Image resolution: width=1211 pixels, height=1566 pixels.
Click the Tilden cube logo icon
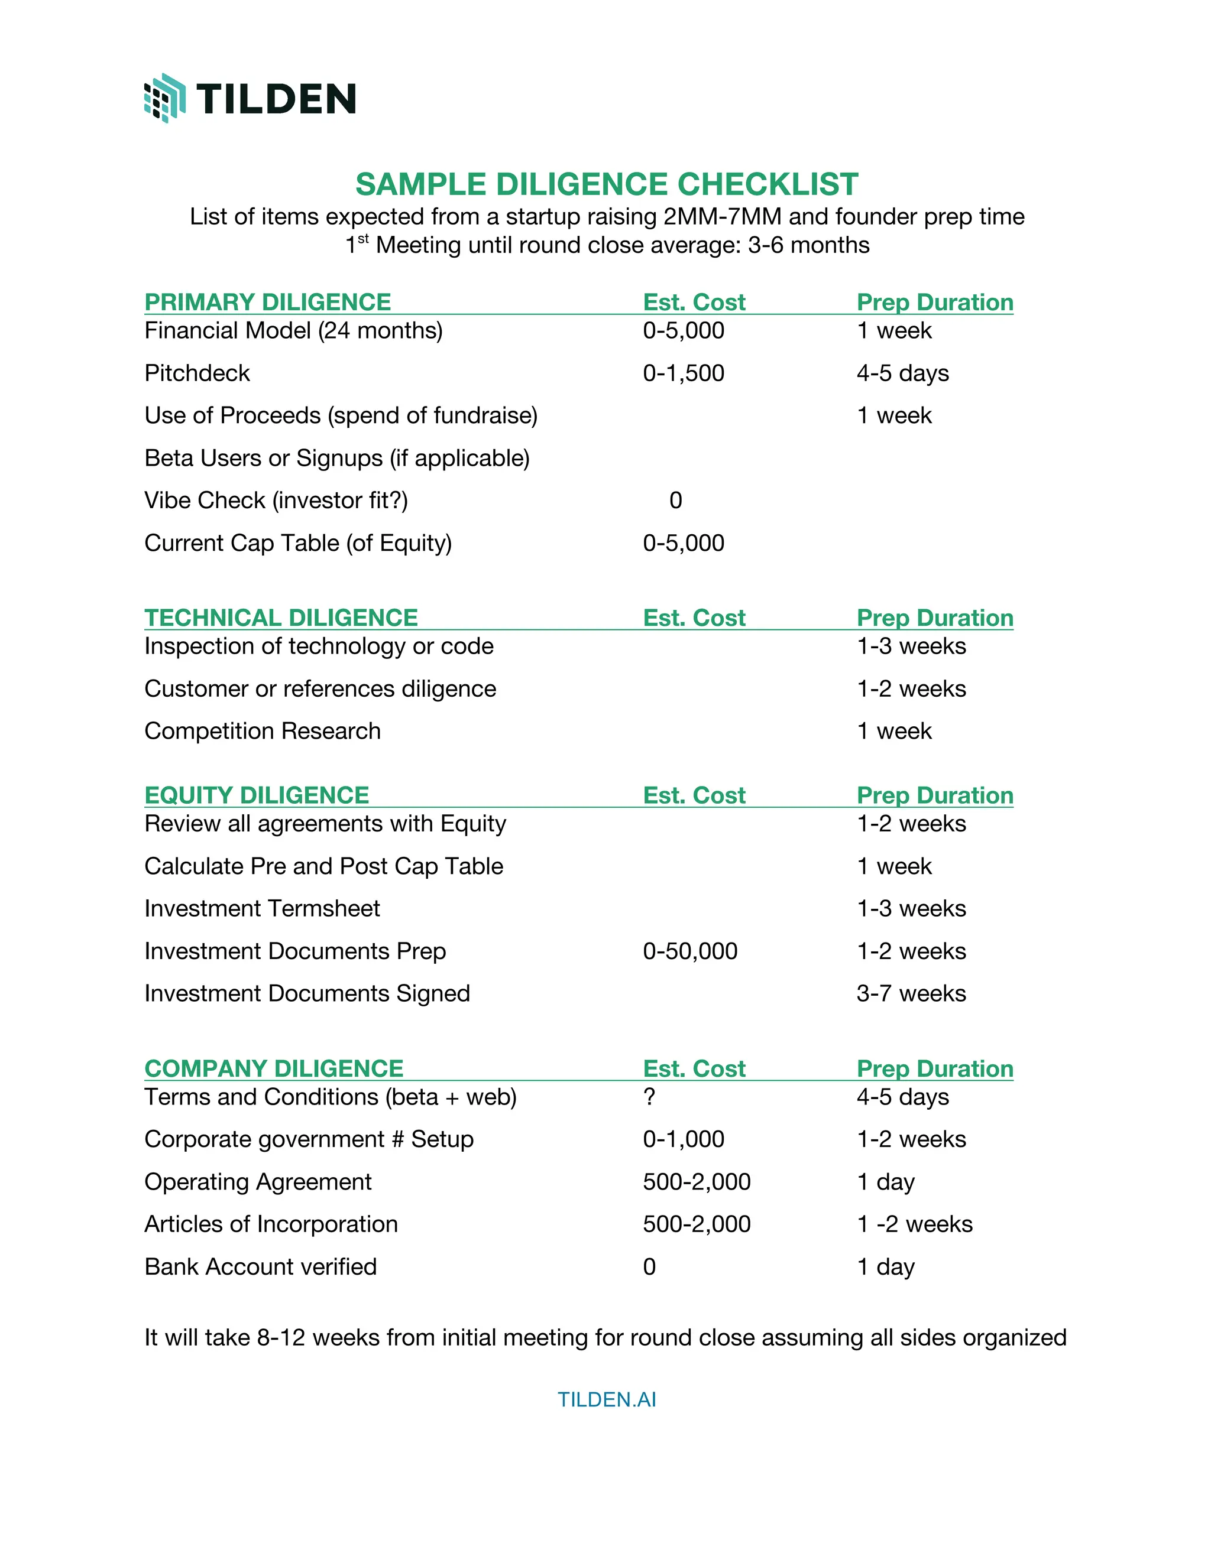[165, 98]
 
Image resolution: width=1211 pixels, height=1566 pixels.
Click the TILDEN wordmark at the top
[276, 98]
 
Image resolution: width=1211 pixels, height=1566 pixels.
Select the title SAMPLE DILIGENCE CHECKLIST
[606, 184]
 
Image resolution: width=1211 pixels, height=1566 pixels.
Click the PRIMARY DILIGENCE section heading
[268, 302]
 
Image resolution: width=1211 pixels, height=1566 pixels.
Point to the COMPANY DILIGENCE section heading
[273, 1068]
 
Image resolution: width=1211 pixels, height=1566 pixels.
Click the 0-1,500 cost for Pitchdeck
[683, 373]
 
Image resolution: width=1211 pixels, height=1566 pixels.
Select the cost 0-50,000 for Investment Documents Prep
[689, 951]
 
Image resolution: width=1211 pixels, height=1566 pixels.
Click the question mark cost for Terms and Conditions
[649, 1096]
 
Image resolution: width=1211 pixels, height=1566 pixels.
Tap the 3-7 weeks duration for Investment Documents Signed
[911, 993]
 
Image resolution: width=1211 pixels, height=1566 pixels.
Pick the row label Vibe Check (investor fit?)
[276, 500]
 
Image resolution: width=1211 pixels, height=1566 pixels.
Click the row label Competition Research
[262, 730]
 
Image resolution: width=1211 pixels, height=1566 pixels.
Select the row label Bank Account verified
[260, 1266]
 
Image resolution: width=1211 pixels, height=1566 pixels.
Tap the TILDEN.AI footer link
[606, 1399]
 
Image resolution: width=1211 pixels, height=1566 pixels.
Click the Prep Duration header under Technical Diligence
[934, 618]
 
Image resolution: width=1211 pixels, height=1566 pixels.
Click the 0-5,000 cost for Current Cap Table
[683, 543]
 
